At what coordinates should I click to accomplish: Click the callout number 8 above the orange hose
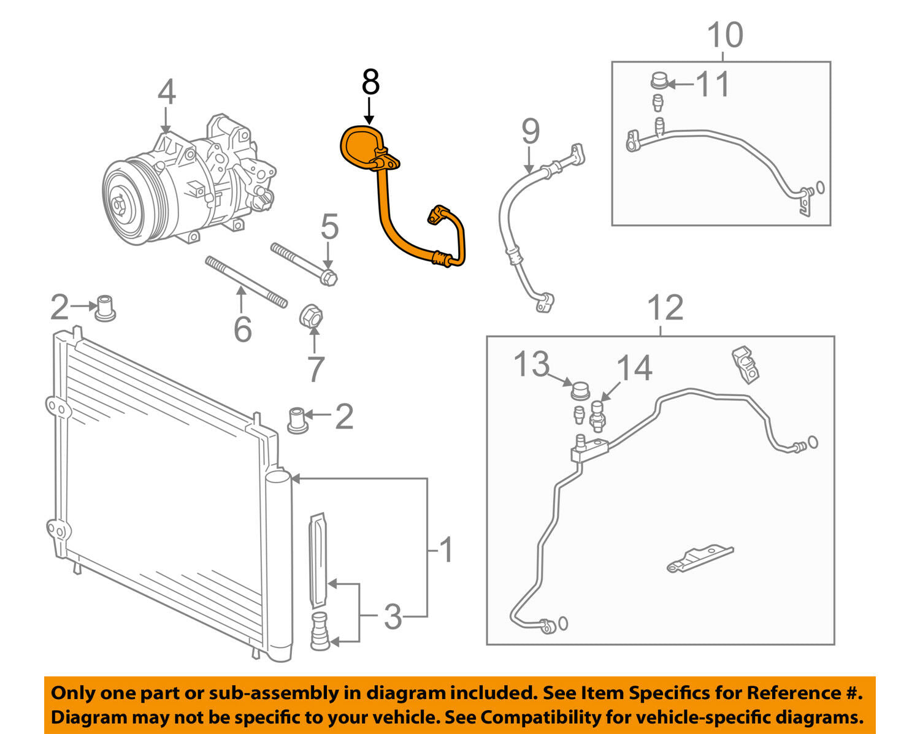tap(370, 83)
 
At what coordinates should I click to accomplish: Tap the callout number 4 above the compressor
tap(166, 93)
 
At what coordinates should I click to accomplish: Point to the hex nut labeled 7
tap(311, 316)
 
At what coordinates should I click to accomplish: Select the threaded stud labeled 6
tap(245, 282)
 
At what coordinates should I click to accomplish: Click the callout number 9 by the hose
tap(531, 132)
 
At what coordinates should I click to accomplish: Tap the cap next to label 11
tap(658, 82)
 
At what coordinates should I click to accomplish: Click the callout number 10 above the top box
tap(725, 35)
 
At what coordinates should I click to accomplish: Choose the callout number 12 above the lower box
tap(665, 308)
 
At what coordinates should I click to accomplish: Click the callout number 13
tap(531, 364)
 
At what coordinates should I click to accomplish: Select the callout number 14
tap(634, 369)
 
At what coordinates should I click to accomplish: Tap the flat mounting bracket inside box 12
tap(699, 559)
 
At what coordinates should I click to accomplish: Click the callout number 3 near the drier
tap(393, 616)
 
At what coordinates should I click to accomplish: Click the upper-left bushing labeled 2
tap(105, 307)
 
